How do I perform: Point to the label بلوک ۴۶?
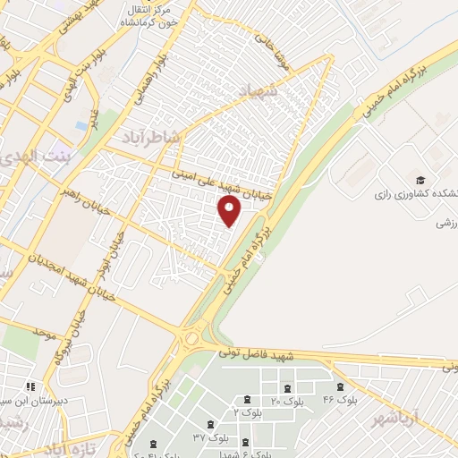(x=340, y=400)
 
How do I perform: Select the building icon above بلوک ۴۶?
(x=341, y=386)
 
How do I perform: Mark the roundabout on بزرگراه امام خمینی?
(x=191, y=339)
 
